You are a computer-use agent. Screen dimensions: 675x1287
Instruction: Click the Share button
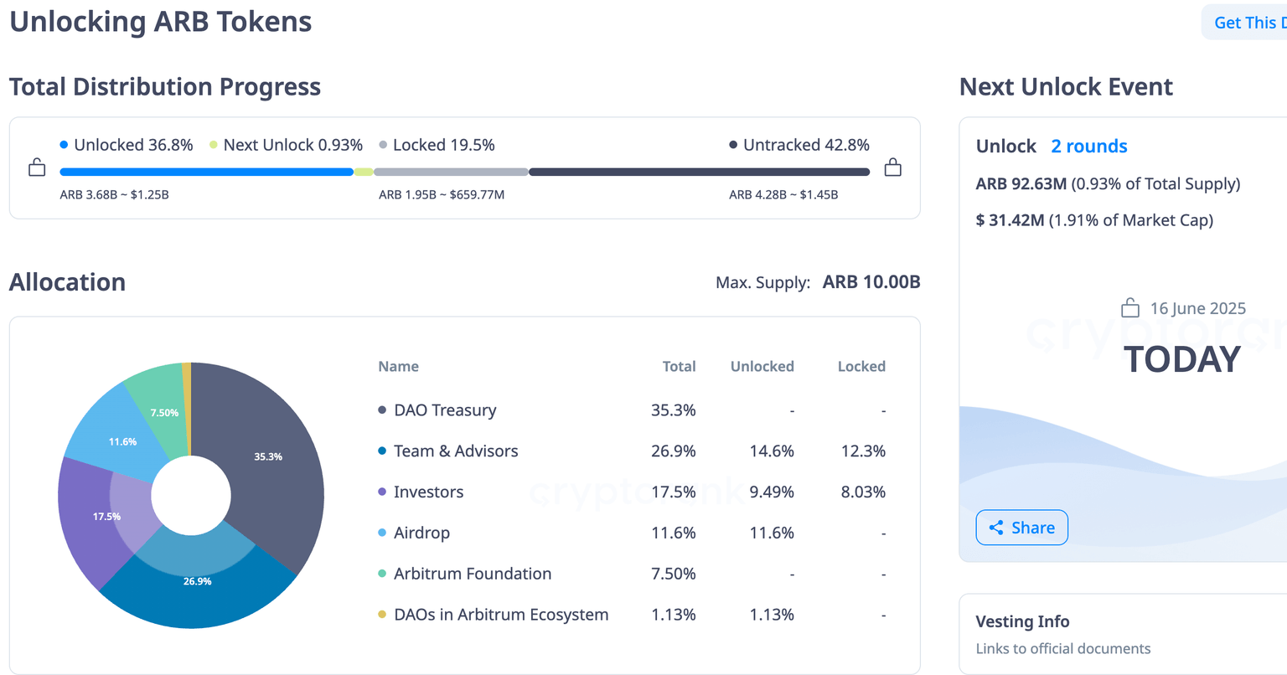point(1021,528)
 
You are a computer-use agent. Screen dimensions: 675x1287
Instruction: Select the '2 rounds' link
point(1088,147)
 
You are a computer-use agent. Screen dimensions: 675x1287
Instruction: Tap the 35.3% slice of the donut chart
point(268,456)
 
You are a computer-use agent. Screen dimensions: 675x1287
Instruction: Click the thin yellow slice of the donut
point(187,394)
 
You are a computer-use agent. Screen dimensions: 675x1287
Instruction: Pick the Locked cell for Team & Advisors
point(862,451)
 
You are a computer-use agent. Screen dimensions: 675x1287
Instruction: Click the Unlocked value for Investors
point(771,492)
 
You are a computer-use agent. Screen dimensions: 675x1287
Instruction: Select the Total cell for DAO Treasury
point(673,410)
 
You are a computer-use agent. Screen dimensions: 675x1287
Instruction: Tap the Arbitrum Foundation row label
point(473,575)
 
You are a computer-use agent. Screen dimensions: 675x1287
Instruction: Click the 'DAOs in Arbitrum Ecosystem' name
point(501,615)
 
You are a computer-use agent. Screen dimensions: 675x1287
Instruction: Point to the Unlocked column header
point(762,367)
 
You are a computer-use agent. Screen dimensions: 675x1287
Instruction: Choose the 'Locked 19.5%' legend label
point(443,145)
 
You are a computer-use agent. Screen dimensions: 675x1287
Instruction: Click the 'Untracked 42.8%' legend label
point(805,145)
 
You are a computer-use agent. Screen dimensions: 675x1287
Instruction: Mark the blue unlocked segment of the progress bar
point(206,172)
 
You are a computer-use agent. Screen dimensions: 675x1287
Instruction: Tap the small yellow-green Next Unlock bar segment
point(363,172)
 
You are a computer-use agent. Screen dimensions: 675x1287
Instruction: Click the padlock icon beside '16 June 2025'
point(1130,308)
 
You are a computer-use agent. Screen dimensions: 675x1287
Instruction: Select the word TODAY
point(1181,359)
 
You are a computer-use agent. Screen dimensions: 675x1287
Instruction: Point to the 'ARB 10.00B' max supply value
point(871,282)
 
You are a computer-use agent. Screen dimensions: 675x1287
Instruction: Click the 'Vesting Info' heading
point(1022,621)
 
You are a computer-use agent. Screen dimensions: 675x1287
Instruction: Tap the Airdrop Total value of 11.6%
point(673,533)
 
